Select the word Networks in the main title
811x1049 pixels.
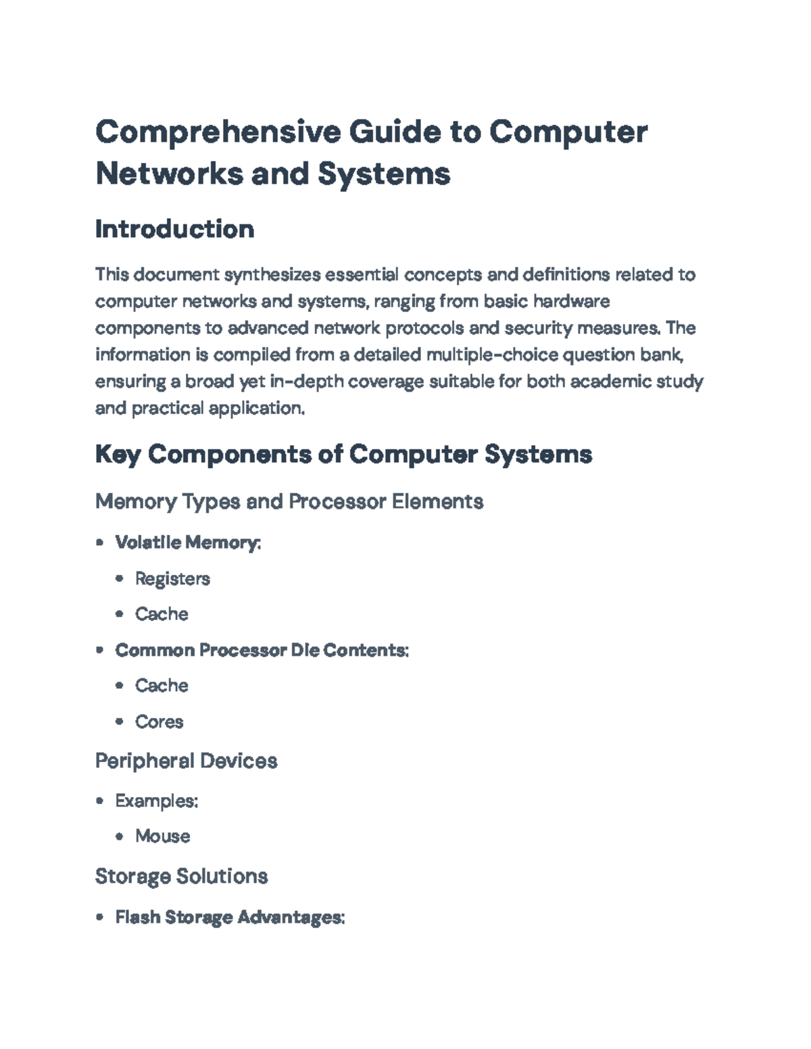169,174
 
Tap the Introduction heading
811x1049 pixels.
175,229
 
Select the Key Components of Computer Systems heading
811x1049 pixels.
343,455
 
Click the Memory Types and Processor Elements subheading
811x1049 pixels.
289,502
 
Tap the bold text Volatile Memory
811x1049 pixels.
188,542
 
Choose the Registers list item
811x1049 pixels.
172,579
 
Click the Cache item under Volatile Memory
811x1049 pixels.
162,615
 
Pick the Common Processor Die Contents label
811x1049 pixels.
262,650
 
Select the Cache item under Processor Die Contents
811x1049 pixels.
162,686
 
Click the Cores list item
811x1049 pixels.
159,722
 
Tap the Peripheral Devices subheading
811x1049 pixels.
186,761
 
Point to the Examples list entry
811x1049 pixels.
157,801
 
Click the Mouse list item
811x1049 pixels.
162,837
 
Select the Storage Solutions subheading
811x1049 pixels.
181,877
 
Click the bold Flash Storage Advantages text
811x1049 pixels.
230,917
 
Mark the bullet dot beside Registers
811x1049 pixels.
120,578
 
